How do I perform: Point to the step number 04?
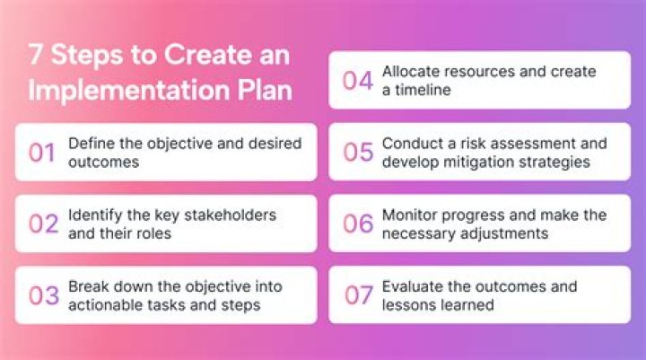(358, 80)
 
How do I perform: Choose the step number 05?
(358, 152)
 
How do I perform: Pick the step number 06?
(358, 224)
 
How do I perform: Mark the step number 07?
(358, 294)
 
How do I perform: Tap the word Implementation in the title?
(126, 92)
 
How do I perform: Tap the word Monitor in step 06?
(410, 215)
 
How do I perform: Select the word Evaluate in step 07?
(413, 287)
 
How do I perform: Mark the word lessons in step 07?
(409, 304)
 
